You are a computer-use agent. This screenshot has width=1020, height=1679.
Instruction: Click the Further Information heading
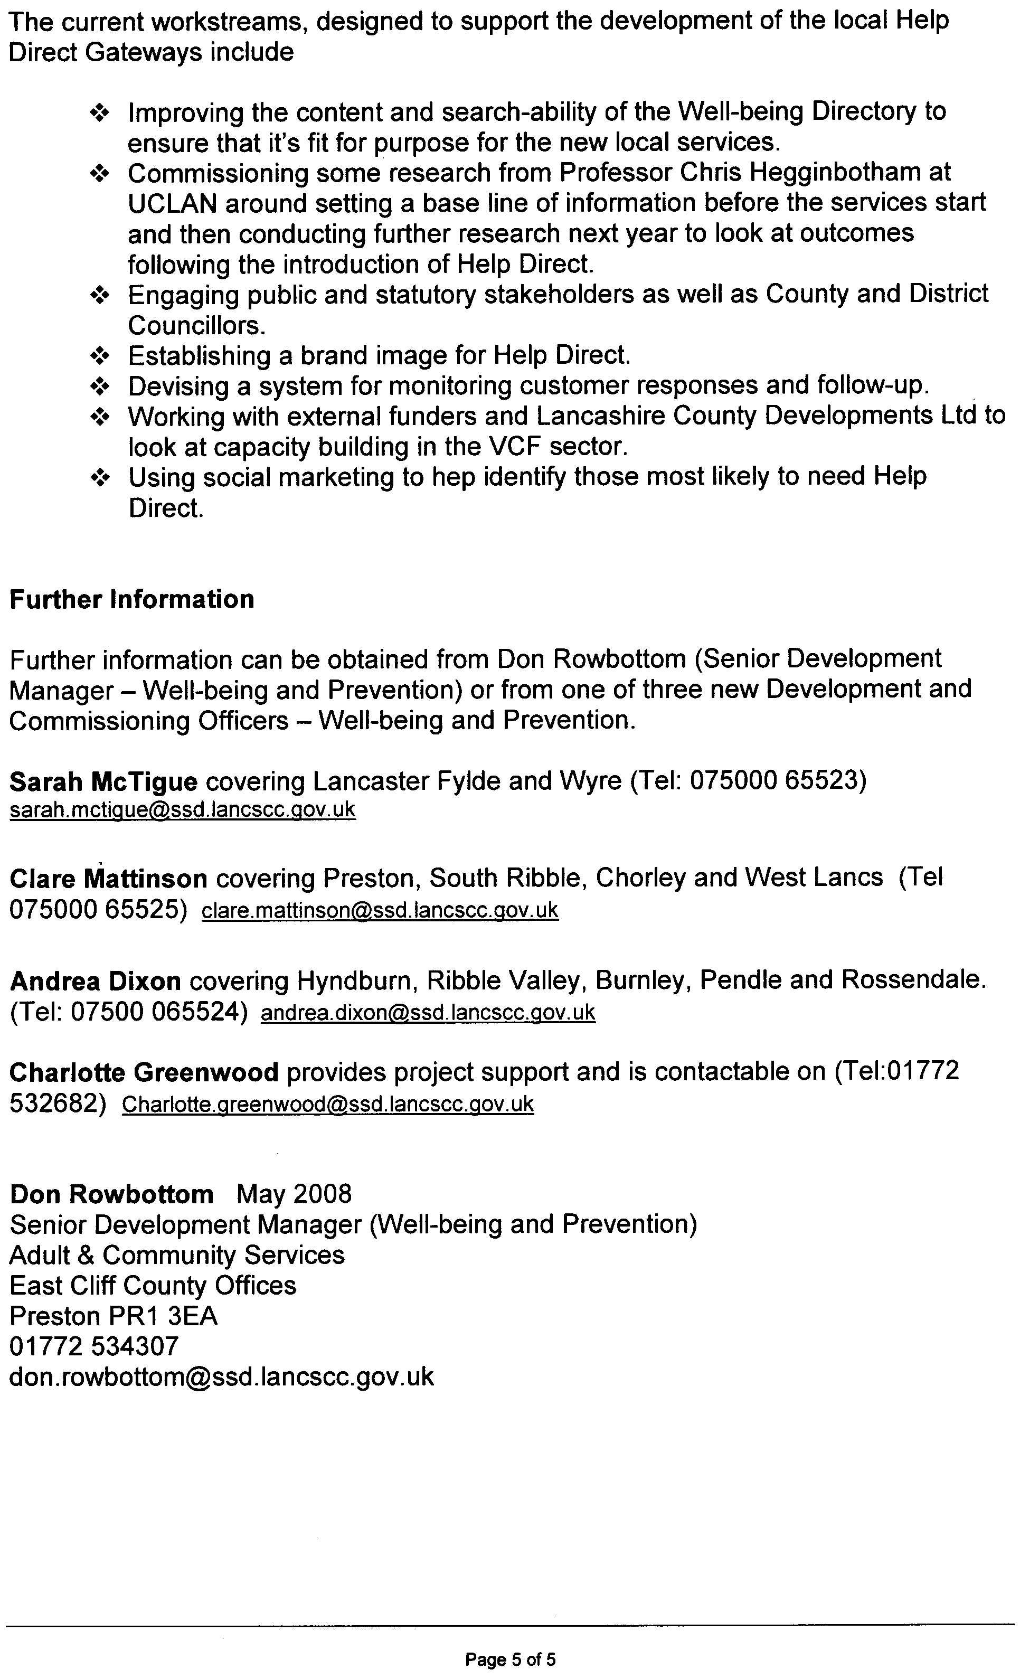(131, 600)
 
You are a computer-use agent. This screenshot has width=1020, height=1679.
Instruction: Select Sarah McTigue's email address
(183, 809)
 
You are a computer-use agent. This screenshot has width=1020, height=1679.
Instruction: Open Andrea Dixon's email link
(428, 1013)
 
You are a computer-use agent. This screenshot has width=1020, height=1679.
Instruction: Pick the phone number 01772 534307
(94, 1346)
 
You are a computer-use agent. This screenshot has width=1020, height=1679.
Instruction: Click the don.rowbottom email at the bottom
(221, 1376)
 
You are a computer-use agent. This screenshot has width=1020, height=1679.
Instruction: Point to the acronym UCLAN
(172, 203)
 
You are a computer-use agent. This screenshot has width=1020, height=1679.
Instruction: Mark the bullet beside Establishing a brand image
(100, 356)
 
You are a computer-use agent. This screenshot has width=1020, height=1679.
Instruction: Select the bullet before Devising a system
(100, 387)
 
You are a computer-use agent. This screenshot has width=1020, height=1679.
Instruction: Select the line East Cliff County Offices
(153, 1285)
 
